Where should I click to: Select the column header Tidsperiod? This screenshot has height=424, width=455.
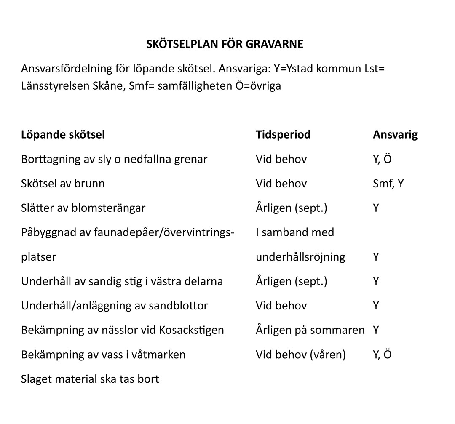[x=283, y=135]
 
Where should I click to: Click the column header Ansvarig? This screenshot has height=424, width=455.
[x=395, y=135]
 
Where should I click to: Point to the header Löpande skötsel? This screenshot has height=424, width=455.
[x=63, y=135]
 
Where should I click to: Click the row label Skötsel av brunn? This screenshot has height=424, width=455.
[x=63, y=184]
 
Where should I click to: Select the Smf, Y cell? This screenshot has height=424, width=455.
[x=388, y=184]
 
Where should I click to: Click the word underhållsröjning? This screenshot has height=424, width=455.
[x=300, y=257]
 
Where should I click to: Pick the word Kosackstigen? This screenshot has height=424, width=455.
[x=192, y=330]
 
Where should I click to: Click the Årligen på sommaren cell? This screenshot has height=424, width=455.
[x=310, y=330]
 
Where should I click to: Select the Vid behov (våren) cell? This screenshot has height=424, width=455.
[x=300, y=355]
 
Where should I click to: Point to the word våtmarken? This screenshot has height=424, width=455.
[x=158, y=355]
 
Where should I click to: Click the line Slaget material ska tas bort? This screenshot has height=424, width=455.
[x=90, y=379]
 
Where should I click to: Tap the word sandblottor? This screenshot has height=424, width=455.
[x=178, y=306]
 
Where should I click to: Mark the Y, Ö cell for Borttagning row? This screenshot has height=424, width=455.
[x=382, y=159]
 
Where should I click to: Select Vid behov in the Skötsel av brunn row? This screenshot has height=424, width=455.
[x=281, y=184]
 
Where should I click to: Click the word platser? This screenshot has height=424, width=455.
[x=38, y=257]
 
